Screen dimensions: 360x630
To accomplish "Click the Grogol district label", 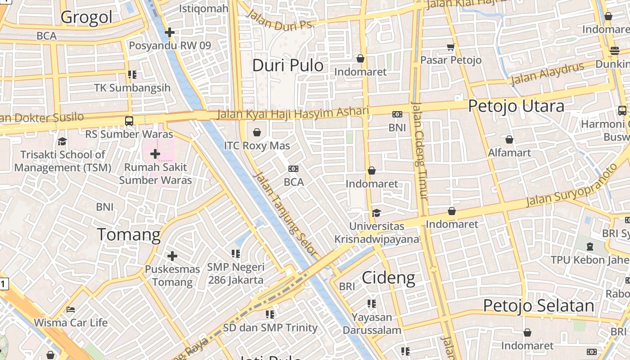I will point(86,17).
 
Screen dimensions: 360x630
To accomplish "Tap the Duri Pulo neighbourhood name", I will point(288,65).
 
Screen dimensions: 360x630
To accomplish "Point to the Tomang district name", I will point(129,234).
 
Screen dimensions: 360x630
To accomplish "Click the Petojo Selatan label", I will point(538,306).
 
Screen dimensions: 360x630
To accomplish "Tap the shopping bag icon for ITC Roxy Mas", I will point(257,132).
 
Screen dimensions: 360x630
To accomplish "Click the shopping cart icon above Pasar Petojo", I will point(450,47).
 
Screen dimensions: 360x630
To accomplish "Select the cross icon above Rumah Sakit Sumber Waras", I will point(155,154).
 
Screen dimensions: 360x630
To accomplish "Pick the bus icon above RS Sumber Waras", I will point(129,121).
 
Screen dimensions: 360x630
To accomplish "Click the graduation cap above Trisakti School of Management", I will point(62,141).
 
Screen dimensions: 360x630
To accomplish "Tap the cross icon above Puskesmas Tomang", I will point(172,256).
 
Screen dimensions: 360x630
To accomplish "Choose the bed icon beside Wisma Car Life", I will point(71,310).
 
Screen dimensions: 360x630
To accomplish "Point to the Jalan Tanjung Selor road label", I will point(285,215).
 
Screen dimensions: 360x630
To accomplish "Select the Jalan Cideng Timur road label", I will point(419,151).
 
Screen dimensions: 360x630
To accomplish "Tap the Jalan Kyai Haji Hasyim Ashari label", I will point(292,112).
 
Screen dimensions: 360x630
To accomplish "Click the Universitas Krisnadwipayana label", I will point(377,232).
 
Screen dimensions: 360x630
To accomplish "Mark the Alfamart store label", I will point(509,153).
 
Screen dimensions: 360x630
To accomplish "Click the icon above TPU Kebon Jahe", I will point(590,247).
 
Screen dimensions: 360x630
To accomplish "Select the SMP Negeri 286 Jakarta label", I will point(236,273).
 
